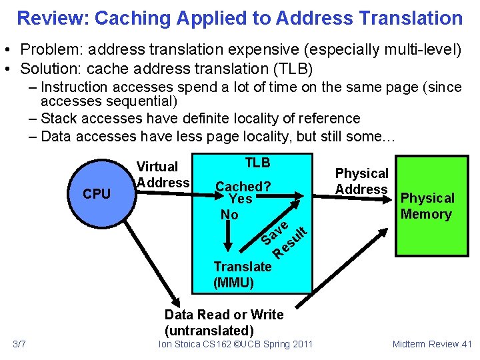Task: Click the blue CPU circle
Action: [x=97, y=193]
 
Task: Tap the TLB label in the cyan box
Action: [x=257, y=163]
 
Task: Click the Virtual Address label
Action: [x=163, y=175]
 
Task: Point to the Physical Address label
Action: [x=361, y=181]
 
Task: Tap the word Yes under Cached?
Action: [x=240, y=199]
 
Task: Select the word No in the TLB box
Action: [x=229, y=215]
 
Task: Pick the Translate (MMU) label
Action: [x=242, y=275]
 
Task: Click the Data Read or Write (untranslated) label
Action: [x=223, y=323]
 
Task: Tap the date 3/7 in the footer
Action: [x=19, y=344]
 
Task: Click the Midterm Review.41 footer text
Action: [x=432, y=344]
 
